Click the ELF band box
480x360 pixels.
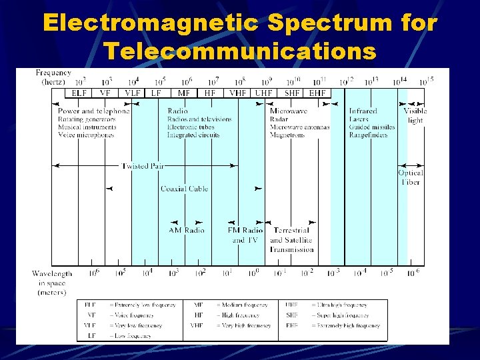[x=79, y=93]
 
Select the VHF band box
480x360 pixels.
[x=237, y=93]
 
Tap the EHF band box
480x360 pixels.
[x=317, y=93]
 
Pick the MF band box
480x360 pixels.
[x=184, y=93]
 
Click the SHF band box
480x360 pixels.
[x=291, y=93]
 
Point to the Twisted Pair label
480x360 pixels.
[x=143, y=165]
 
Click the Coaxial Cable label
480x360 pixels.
[x=184, y=189]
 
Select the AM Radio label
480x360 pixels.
[x=186, y=231]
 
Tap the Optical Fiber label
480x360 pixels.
[x=411, y=177]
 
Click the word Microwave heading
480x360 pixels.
[x=289, y=111]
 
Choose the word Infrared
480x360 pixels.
[x=363, y=111]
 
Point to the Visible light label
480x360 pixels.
[x=415, y=116]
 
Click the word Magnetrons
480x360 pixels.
[x=287, y=135]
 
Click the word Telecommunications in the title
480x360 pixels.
[x=240, y=51]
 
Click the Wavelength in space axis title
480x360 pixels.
[x=52, y=283]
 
